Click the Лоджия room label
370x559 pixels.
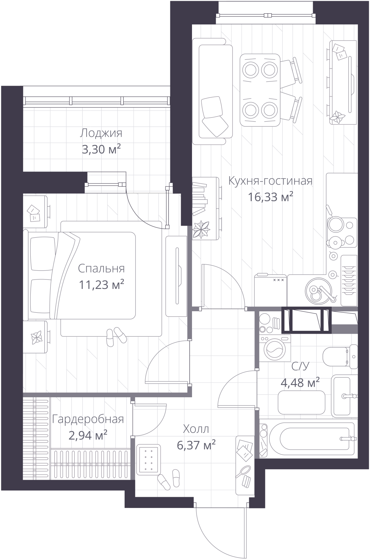[101, 133]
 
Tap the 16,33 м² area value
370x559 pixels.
[270, 197]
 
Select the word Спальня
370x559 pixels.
[101, 269]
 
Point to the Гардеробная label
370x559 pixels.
[88, 419]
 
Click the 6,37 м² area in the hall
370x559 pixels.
[196, 445]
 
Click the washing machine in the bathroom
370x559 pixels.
[275, 348]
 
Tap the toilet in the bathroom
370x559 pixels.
[340, 356]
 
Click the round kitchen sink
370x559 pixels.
[318, 290]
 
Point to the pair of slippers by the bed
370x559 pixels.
[116, 337]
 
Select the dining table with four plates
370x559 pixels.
[260, 90]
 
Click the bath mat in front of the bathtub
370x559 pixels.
[302, 402]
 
